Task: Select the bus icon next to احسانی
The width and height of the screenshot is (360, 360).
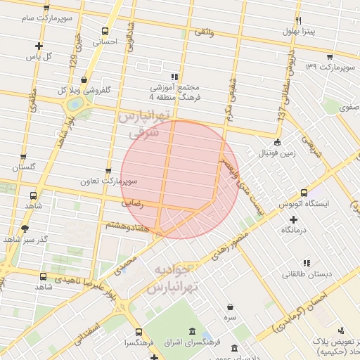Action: tap(105, 31)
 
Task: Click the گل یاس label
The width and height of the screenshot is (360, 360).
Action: tap(39, 56)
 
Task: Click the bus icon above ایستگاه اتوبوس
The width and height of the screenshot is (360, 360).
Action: tap(304, 192)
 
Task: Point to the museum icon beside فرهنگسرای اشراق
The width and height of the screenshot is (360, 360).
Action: tap(192, 332)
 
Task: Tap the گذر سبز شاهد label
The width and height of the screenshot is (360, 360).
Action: tap(25, 238)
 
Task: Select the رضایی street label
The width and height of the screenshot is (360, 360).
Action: tap(133, 202)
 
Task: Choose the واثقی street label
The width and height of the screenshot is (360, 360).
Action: tap(203, 32)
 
